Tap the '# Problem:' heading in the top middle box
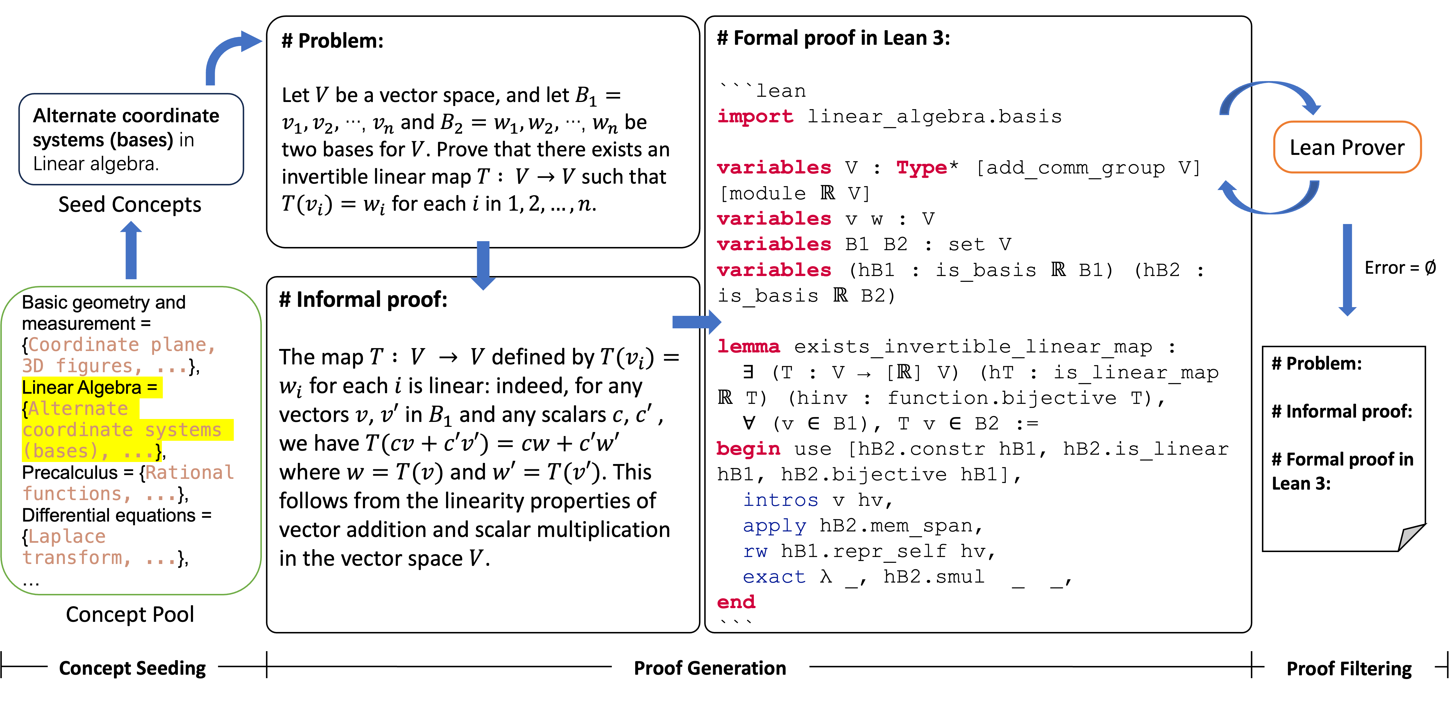pos(332,41)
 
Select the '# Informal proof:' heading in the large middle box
pos(363,300)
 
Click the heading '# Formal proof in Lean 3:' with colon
pos(833,38)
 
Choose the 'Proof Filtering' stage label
pos(1349,669)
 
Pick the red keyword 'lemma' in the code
pos(748,347)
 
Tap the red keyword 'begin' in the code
pos(748,449)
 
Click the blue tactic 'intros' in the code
pos(780,500)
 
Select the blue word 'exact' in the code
pos(774,576)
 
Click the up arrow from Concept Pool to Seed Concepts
pos(131,250)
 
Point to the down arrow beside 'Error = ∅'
pos(1347,270)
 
